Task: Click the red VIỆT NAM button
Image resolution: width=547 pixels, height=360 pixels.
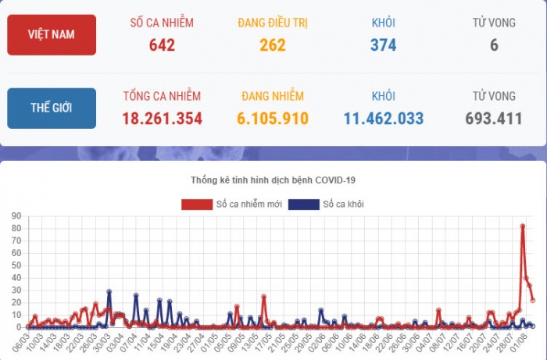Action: pos(52,35)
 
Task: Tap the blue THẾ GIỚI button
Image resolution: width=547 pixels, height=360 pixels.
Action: pos(52,109)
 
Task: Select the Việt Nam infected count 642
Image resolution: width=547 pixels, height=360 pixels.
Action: pos(162,45)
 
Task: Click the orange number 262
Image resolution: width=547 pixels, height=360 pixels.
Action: pos(273,45)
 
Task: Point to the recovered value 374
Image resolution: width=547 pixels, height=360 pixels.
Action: pos(383,45)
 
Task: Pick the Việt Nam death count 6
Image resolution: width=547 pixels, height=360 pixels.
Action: pos(494,45)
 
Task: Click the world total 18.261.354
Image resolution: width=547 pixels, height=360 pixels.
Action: pos(162,119)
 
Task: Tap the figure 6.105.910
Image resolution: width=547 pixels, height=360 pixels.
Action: pos(273,119)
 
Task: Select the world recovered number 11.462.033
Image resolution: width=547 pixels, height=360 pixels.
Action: pos(383,119)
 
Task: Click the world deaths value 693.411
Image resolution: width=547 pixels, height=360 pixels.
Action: pos(494,119)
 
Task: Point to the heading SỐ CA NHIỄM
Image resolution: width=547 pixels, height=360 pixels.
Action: pos(162,23)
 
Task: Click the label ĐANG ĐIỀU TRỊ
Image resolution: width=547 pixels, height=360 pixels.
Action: pos(273,23)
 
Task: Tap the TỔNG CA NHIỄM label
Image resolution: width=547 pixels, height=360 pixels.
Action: pos(162,96)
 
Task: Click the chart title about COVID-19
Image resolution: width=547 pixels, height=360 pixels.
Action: pos(273,180)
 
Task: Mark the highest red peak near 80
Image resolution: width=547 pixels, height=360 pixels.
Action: pos(522,226)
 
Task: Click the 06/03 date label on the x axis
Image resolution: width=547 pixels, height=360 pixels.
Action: pos(22,340)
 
